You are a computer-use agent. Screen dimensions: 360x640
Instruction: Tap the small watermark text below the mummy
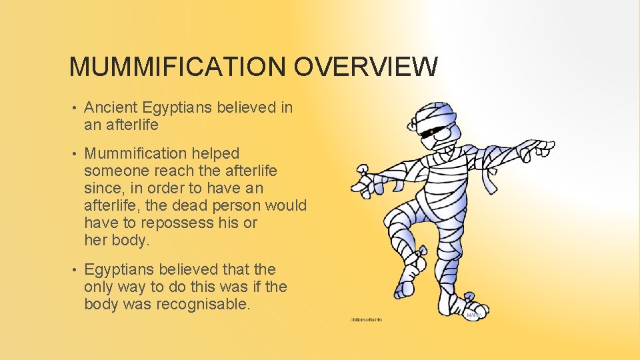click(366, 320)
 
